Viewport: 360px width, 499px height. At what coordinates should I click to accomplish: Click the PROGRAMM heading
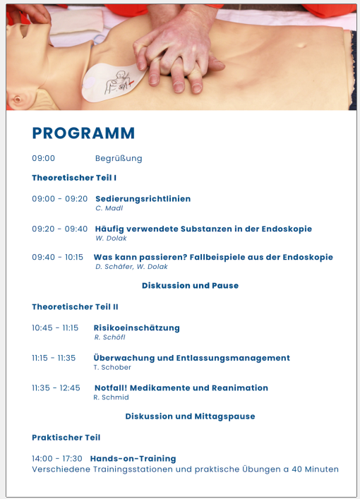83,133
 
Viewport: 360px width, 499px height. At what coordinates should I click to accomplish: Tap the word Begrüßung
119,159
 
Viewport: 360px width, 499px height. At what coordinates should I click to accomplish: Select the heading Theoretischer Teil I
74,178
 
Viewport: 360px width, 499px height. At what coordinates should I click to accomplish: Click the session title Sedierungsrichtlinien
143,199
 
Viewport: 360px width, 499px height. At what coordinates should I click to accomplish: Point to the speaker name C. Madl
109,208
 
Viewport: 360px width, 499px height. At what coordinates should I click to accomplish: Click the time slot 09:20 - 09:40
59,229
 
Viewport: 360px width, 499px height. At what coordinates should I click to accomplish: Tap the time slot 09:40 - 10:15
57,257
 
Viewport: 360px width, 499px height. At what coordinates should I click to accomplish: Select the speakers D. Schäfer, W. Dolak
131,267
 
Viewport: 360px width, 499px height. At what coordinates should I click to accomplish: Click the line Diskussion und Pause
190,285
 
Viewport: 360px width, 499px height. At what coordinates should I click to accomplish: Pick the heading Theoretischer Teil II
75,307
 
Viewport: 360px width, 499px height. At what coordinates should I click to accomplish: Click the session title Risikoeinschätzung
136,328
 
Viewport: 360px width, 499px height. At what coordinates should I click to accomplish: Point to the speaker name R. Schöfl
110,337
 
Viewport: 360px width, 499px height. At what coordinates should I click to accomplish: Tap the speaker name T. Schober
112,367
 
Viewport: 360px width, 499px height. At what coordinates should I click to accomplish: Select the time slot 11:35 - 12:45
56,388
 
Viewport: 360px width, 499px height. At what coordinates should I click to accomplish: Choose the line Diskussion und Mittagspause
190,416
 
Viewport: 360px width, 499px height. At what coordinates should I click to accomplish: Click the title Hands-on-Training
133,459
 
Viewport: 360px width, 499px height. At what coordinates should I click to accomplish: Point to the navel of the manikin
301,45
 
